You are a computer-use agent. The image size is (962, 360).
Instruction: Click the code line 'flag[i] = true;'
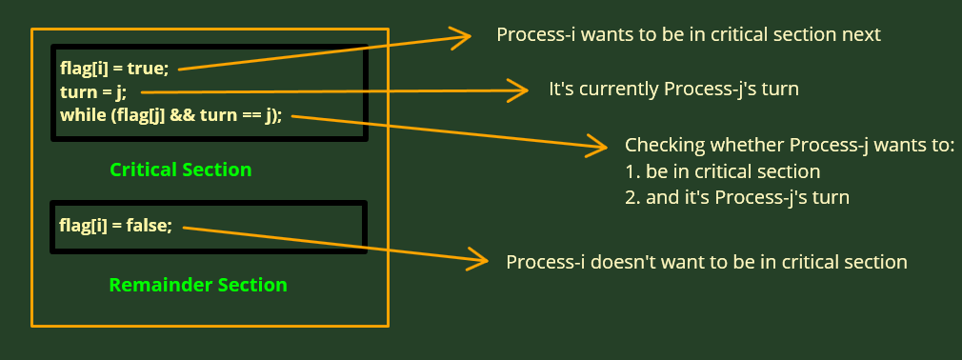113,69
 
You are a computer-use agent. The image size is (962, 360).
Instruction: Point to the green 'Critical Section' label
181,170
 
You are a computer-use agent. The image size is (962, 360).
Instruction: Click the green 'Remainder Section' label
198,285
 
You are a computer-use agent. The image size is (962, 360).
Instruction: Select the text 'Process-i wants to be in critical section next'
689,35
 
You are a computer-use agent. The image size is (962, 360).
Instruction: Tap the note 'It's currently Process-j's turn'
673,90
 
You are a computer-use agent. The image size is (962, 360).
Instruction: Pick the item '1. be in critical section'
723,172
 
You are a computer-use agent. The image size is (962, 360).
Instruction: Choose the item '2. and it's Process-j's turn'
737,199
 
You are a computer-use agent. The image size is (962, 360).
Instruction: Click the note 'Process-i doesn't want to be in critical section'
706,262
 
